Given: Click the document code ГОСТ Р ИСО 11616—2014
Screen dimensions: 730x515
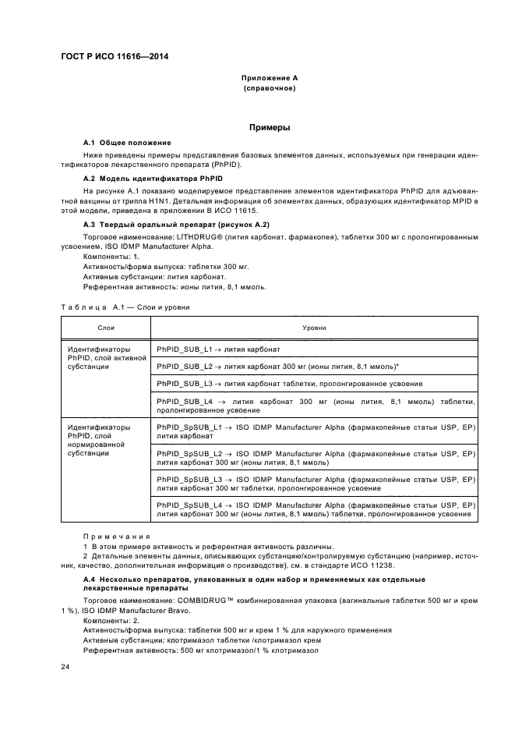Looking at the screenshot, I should click(115, 56).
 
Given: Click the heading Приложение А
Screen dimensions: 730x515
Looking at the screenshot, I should click(268, 79).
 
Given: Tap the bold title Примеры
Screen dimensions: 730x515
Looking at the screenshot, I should click(268, 126).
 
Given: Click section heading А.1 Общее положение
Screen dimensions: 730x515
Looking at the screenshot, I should click(127, 144).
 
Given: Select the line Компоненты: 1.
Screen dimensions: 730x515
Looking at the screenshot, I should click(111, 257).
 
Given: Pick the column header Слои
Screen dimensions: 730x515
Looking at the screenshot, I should click(106, 328).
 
